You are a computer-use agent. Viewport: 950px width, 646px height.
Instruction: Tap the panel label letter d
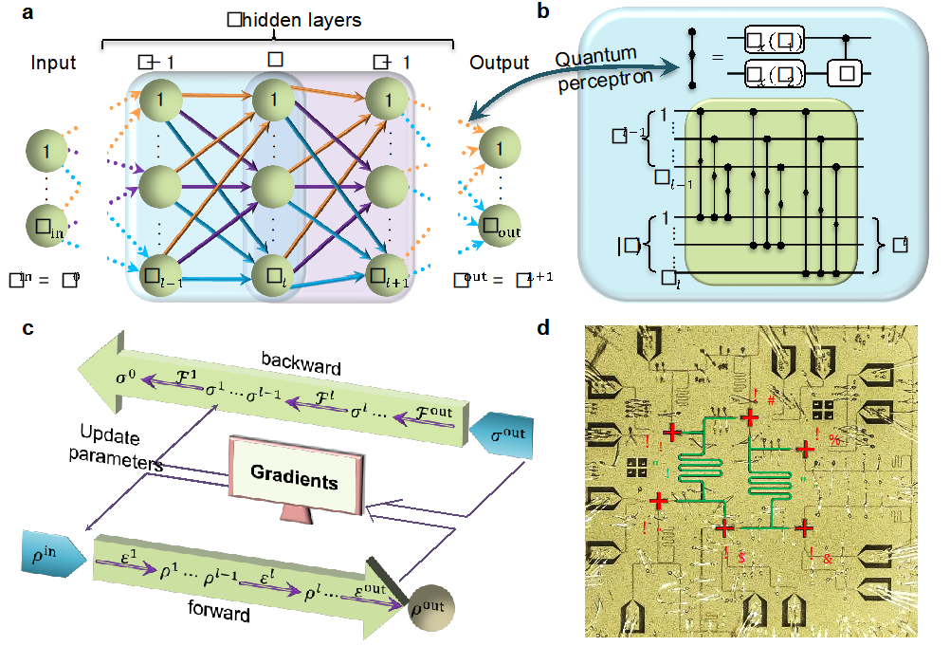pos(543,329)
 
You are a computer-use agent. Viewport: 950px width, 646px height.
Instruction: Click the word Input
pos(53,64)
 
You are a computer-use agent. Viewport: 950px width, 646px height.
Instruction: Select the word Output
pos(500,64)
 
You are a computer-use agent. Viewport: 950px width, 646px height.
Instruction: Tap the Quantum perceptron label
pos(603,68)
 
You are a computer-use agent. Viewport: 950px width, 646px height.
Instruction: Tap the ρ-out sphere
pos(427,607)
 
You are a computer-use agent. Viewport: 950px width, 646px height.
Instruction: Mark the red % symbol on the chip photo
pos(834,438)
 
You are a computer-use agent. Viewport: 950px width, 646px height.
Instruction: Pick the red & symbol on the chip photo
pos(828,558)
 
